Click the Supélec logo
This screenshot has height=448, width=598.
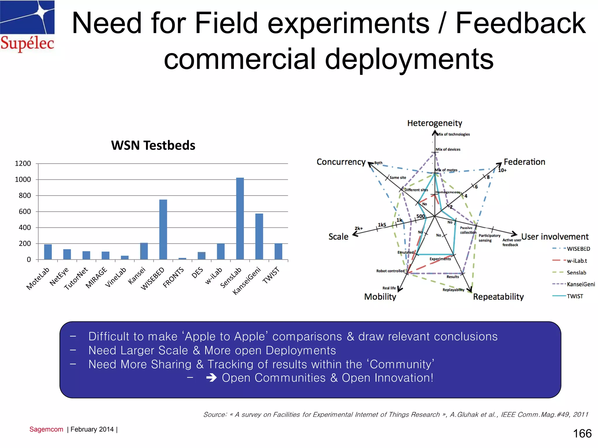(x=27, y=26)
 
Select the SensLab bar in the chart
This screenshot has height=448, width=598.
(x=240, y=218)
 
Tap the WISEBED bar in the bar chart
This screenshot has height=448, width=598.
(x=163, y=229)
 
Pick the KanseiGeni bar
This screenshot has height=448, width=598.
(x=259, y=236)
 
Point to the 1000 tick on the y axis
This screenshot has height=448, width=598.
(x=23, y=179)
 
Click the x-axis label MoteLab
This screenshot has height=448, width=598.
(x=38, y=279)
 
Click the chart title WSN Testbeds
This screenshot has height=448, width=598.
(x=153, y=145)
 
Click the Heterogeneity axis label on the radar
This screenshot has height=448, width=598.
(x=434, y=123)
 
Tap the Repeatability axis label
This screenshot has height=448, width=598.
(x=498, y=297)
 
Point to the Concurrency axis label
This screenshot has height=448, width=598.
(x=341, y=162)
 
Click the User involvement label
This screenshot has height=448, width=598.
(x=554, y=237)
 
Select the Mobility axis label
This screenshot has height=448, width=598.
(x=380, y=297)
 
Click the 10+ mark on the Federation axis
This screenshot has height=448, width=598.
(x=502, y=170)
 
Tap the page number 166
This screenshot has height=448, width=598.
(x=582, y=433)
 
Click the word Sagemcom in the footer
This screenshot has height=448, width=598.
(x=46, y=429)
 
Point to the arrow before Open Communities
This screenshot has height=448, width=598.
(x=211, y=378)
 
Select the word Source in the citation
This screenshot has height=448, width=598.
(x=215, y=414)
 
